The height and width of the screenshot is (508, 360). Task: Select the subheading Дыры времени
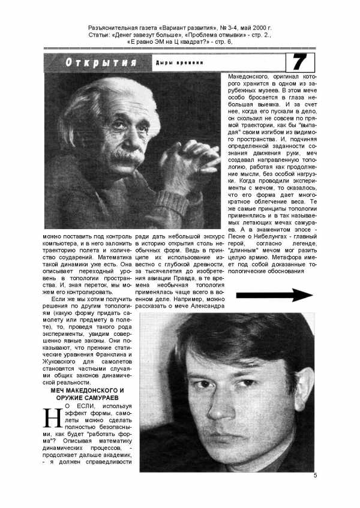pyautogui.click(x=179, y=63)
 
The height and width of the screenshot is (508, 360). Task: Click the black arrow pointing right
pyautogui.click(x=274, y=295)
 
